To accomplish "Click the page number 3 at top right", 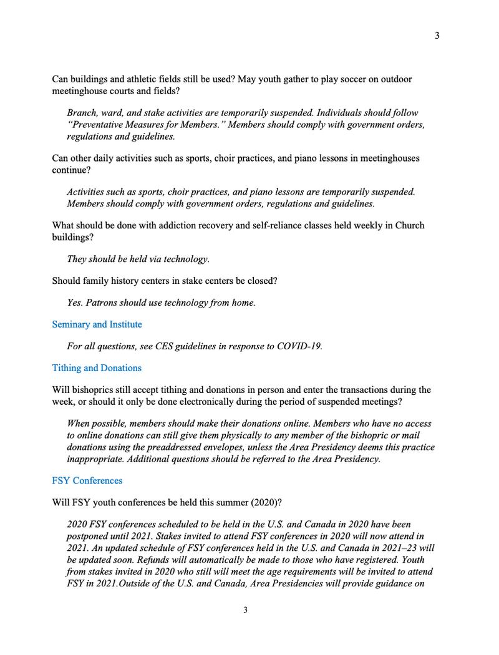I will click(x=437, y=36).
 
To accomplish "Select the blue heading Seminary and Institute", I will click(x=97, y=324).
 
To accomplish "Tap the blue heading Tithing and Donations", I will click(x=97, y=368).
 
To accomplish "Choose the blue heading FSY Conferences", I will click(x=87, y=481).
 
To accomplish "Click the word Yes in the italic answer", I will click(x=75, y=303).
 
